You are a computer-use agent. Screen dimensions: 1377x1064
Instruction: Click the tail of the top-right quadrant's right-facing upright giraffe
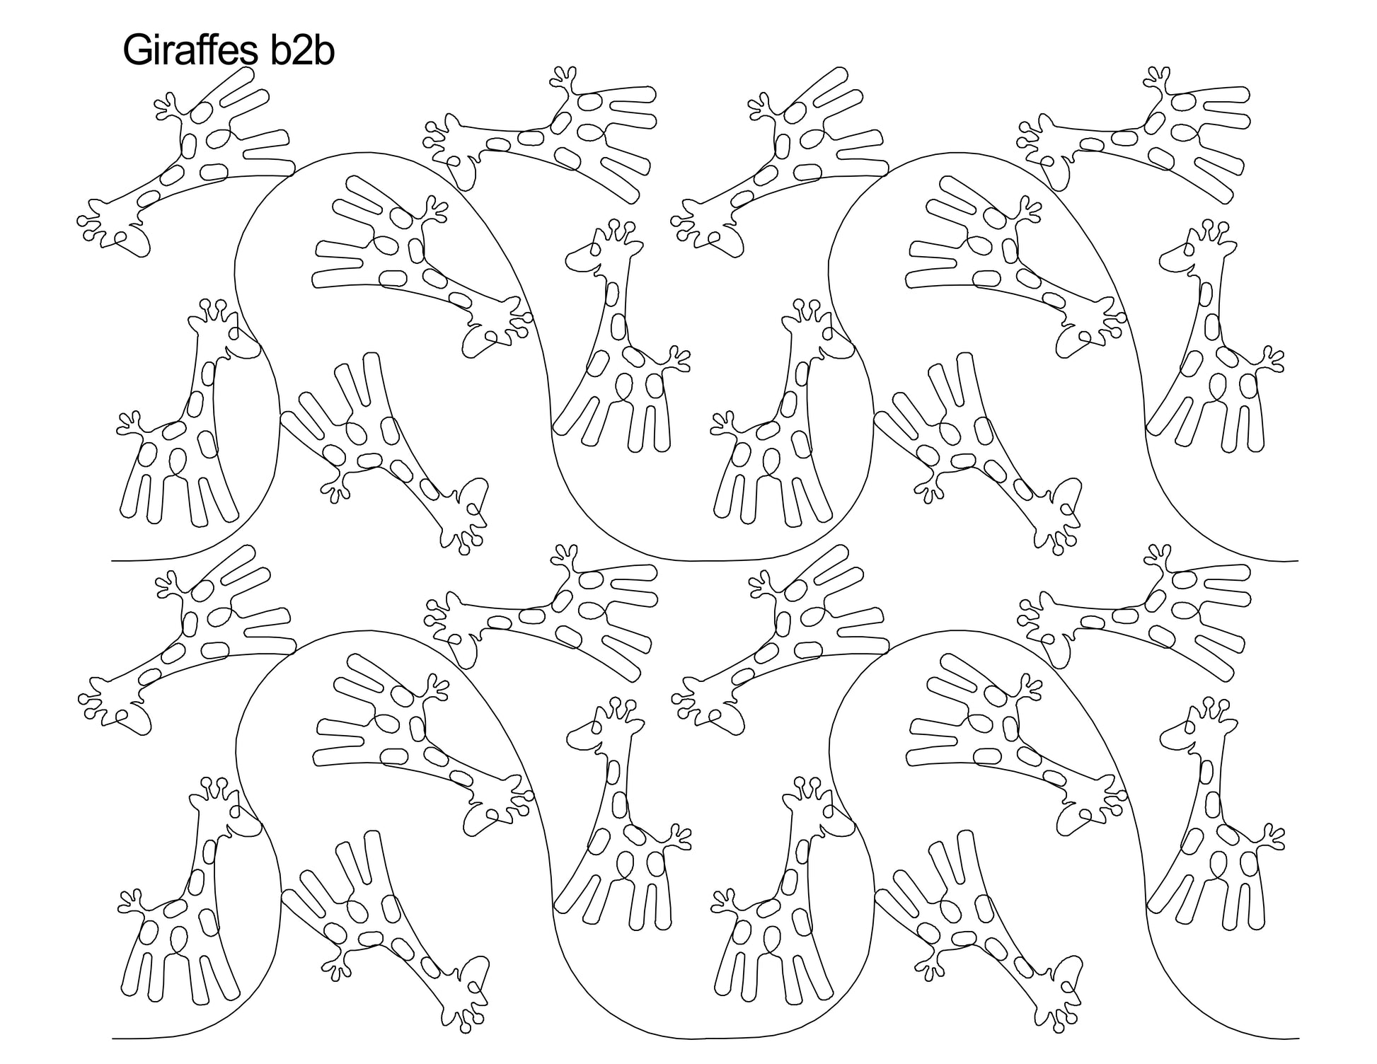[725, 424]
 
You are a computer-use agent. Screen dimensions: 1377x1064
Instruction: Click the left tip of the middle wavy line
[113, 561]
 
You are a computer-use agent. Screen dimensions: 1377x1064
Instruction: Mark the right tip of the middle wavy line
[1298, 561]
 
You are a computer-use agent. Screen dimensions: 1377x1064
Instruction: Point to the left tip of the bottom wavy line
[113, 1039]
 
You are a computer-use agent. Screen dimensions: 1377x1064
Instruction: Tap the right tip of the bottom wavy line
[1298, 1039]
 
